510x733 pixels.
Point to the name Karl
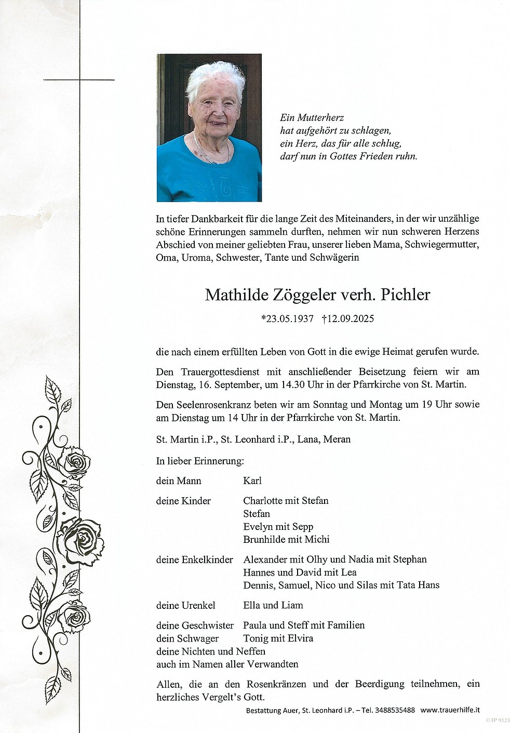[x=252, y=481]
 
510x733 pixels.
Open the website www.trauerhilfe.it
[x=450, y=710]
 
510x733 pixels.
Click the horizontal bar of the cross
[x=79, y=80]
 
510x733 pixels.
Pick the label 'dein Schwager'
[x=180, y=638]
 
